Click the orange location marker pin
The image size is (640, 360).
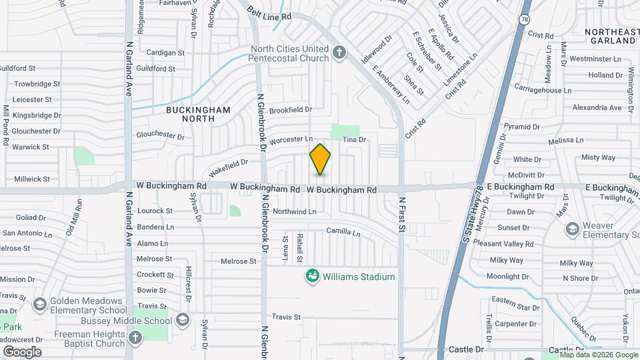[x=320, y=159]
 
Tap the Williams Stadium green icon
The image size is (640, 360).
[x=311, y=276]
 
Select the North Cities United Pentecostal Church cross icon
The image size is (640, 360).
[x=339, y=53]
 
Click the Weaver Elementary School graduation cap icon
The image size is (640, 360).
[x=571, y=229]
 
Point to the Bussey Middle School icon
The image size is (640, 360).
[x=182, y=321]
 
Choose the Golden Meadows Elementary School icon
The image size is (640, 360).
[x=39, y=305]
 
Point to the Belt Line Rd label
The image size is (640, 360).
[x=269, y=13]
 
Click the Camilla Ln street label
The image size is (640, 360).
[x=343, y=233]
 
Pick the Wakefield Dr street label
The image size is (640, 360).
[x=227, y=165]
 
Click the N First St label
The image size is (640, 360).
[x=402, y=213]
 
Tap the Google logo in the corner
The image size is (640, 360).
[x=22, y=351]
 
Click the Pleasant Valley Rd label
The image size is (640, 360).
[x=512, y=244]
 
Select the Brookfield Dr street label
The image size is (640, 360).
[x=291, y=109]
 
